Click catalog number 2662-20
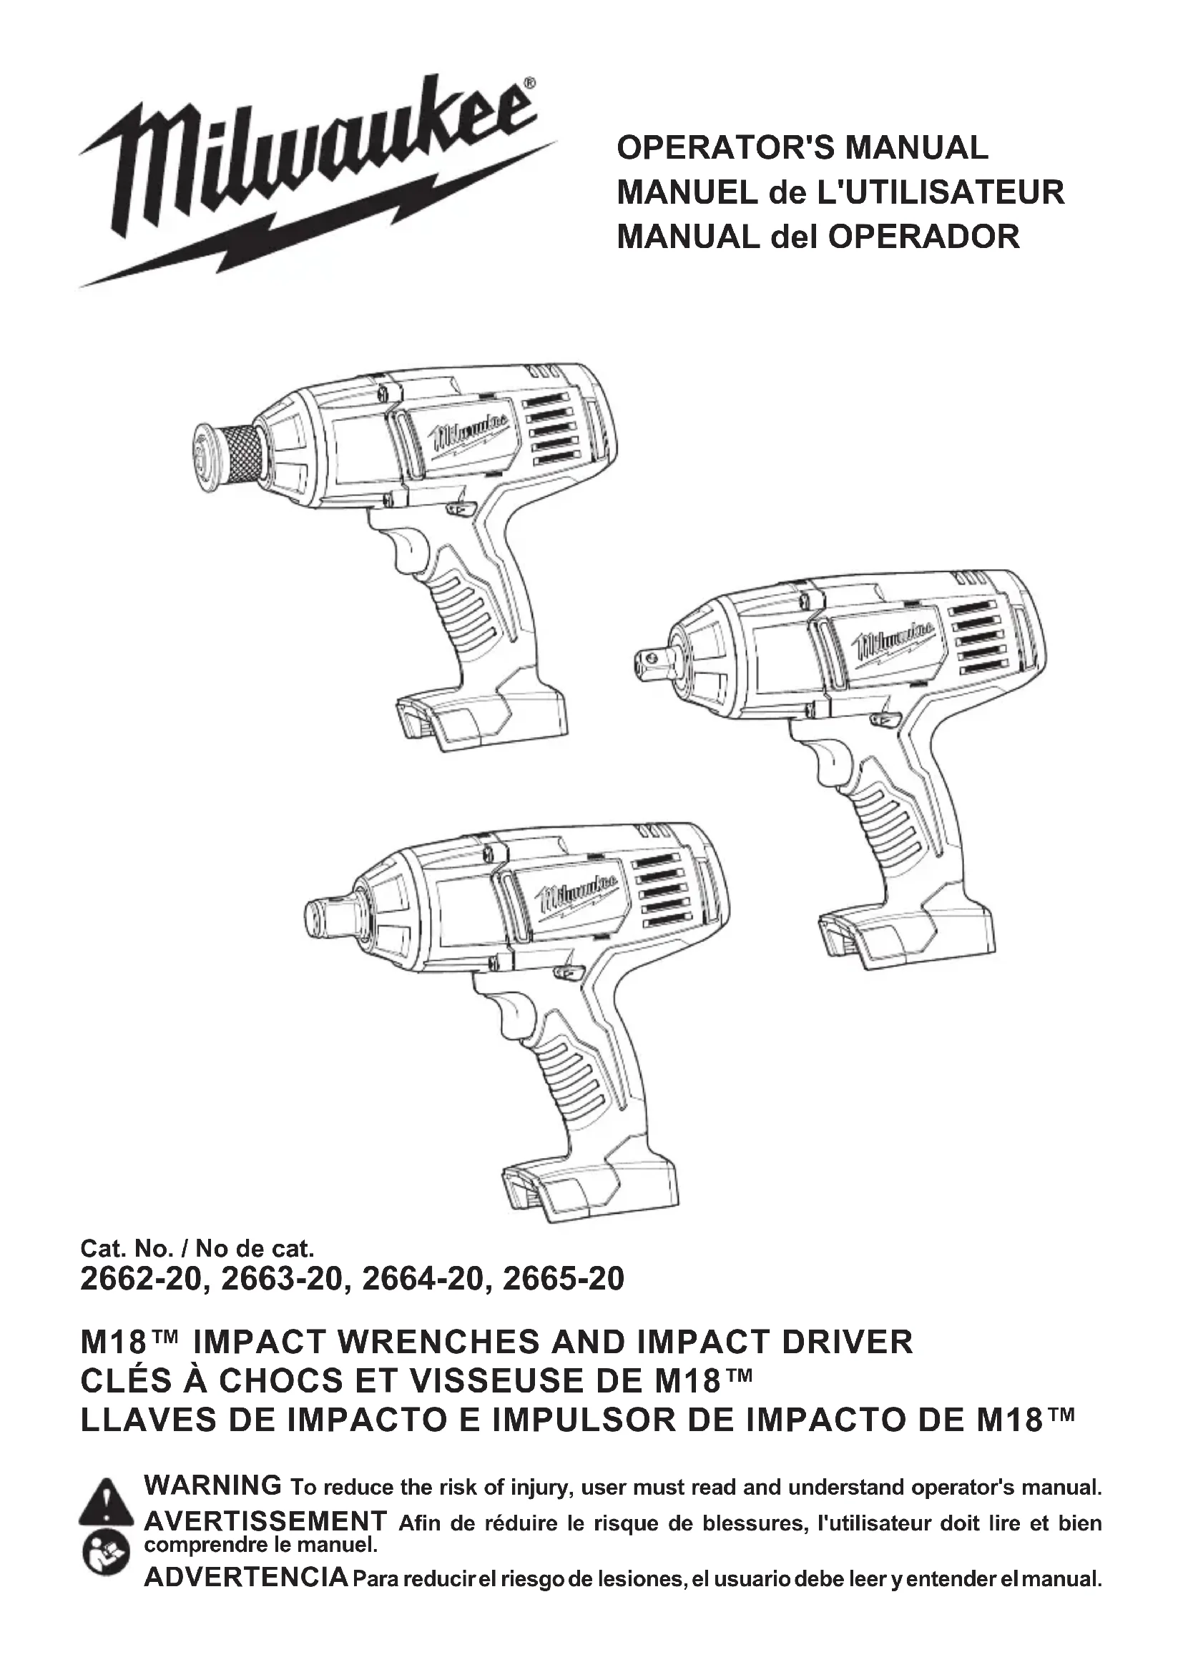[139, 1280]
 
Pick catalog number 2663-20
[280, 1280]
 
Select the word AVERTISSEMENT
[265, 1521]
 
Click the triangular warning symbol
[107, 1503]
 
